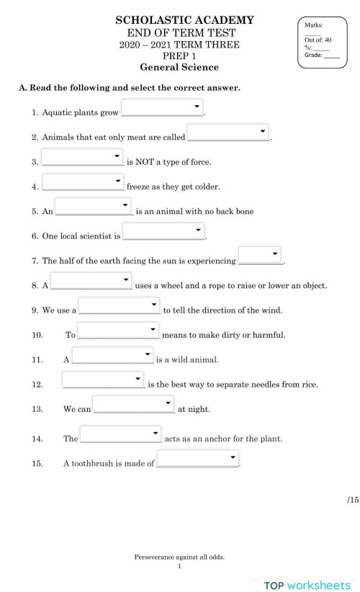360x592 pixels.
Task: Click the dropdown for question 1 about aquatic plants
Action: click(162, 107)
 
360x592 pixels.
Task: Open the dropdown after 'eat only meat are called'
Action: click(228, 133)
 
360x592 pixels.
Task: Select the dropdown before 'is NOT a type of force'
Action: click(82, 157)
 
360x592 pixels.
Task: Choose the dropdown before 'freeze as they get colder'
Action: click(83, 181)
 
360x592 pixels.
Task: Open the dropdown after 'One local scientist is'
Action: click(163, 231)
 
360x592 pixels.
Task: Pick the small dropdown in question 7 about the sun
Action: click(260, 256)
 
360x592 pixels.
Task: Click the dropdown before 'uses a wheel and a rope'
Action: click(91, 280)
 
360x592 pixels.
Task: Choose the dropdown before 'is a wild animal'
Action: click(113, 355)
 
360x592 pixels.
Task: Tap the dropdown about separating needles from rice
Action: click(103, 380)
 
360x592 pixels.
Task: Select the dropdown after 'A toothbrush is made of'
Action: click(197, 459)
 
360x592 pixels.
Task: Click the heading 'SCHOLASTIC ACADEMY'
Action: click(184, 21)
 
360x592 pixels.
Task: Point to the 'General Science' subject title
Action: click(179, 68)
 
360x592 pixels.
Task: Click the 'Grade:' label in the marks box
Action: click(313, 55)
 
